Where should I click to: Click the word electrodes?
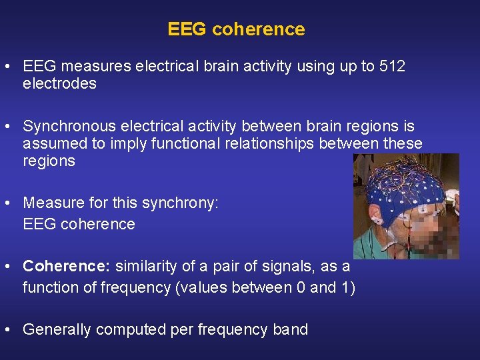click(59, 83)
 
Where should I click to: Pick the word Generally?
click(57, 329)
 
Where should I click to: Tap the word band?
click(291, 329)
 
